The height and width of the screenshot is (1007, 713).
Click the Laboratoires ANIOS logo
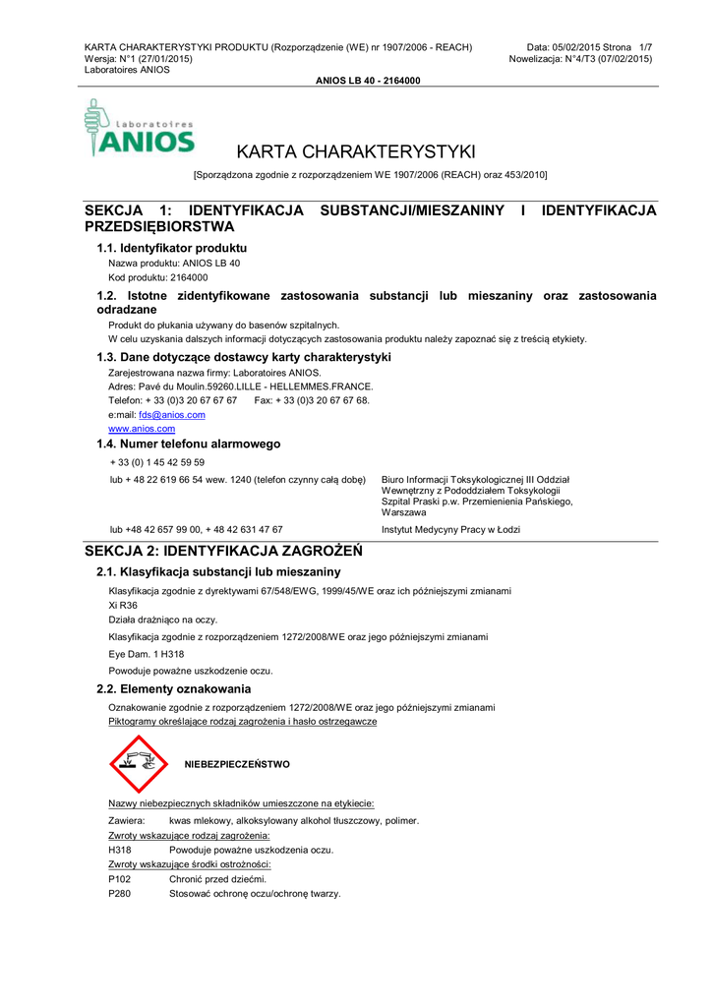click(139, 129)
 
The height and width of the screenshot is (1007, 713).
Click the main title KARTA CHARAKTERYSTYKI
click(356, 151)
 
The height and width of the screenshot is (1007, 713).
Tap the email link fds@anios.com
click(172, 415)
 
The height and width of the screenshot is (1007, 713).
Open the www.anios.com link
click(142, 429)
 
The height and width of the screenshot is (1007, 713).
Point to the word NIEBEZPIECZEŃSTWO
click(237, 764)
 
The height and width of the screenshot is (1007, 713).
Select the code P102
click(119, 878)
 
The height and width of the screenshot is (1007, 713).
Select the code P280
click(119, 893)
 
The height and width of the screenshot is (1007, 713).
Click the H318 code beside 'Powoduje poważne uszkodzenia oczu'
click(119, 850)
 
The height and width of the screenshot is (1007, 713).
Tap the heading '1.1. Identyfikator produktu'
click(171, 248)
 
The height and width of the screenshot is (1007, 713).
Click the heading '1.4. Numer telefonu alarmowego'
click(188, 444)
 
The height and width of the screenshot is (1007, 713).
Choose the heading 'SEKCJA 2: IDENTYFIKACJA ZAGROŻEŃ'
click(223, 551)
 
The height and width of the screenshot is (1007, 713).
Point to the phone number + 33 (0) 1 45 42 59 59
click(157, 462)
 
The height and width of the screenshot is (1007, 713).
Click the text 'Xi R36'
click(123, 605)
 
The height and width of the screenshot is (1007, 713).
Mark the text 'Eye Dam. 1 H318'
click(146, 654)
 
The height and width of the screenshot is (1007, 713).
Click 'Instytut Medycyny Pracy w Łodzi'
click(450, 529)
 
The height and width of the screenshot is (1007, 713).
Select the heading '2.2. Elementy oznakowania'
click(173, 688)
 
